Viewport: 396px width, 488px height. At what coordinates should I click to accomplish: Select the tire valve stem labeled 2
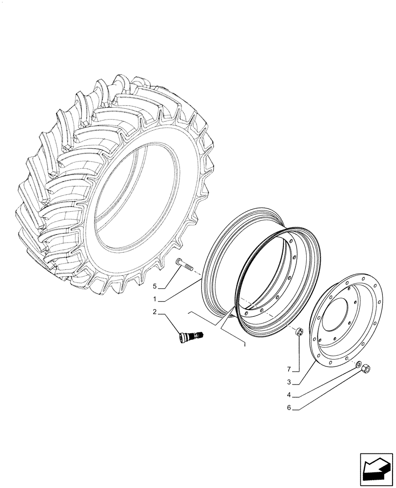191,336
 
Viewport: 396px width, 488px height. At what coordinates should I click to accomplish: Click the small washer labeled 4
358,364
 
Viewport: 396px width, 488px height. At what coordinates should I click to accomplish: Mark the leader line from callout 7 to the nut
299,354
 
